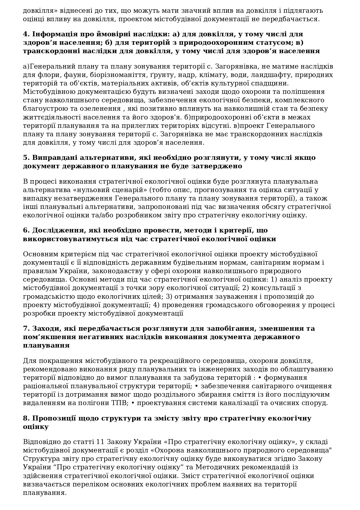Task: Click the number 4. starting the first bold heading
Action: click(x=26, y=34)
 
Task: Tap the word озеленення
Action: click(x=103, y=109)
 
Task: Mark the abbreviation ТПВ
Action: click(x=120, y=403)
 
